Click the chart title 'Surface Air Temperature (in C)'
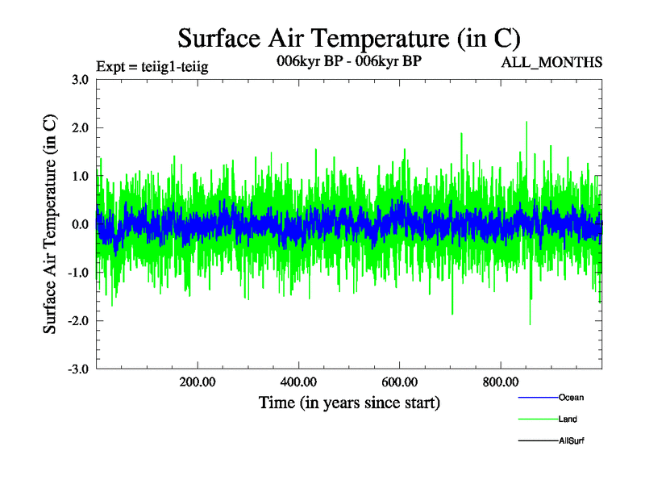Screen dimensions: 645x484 349,39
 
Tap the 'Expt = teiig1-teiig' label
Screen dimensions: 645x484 152,66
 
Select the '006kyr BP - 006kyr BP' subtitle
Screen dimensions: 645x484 349,61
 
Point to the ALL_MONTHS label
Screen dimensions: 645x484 551,63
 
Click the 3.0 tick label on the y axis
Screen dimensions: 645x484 80,79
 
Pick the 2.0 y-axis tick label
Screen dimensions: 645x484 80,127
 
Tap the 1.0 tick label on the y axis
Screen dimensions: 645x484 80,176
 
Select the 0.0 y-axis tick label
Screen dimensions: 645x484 80,224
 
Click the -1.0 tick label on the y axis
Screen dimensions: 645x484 78,273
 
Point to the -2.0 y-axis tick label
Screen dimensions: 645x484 78,320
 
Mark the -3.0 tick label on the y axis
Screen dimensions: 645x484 78,369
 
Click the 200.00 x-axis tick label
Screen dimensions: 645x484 198,382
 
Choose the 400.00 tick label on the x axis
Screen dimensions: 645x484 298,382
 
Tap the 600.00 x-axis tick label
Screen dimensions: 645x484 399,382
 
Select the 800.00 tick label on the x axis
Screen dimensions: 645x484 501,382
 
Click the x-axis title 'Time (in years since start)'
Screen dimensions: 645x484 349,403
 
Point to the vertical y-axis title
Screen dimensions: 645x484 50,224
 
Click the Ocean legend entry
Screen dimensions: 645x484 551,398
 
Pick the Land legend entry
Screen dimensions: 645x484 548,419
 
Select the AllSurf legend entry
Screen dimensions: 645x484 551,440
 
